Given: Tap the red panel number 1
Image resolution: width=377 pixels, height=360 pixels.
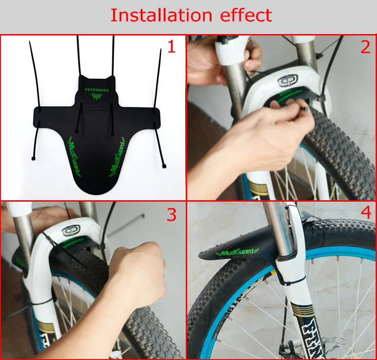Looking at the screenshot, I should [x=171, y=46].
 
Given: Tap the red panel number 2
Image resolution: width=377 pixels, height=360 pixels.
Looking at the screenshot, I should [x=365, y=46].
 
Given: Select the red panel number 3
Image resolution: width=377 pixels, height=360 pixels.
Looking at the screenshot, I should [x=171, y=214].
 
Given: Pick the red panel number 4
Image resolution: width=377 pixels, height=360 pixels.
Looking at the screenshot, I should [x=366, y=213].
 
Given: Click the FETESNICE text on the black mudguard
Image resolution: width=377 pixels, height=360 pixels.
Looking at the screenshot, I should [x=97, y=90].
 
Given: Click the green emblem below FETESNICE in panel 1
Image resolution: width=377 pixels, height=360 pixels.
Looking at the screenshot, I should [x=97, y=98].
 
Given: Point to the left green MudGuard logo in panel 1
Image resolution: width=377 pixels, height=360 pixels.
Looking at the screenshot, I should [x=76, y=157].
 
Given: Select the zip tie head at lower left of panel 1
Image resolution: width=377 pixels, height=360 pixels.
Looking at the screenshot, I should [x=34, y=159].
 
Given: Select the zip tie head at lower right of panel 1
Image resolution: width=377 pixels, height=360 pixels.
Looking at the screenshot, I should [x=164, y=166].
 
